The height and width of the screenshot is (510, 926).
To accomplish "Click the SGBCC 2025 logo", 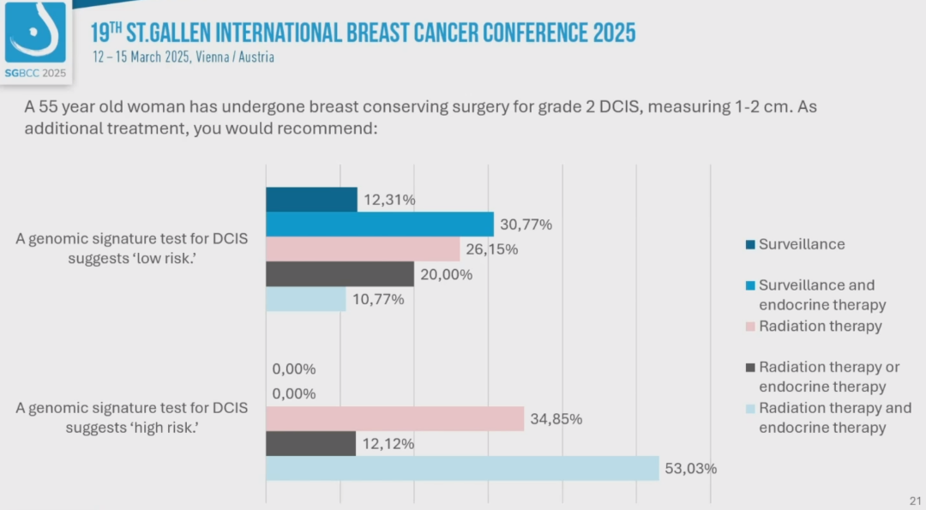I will click(x=35, y=40).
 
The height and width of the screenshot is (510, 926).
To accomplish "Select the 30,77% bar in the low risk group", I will click(x=380, y=225).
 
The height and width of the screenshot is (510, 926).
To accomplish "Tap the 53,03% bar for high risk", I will click(x=462, y=468).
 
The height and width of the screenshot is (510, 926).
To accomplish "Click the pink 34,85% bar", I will click(x=394, y=419).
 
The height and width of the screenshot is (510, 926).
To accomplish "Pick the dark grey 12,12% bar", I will click(x=310, y=444).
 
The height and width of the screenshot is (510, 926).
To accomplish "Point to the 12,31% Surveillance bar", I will click(x=311, y=200).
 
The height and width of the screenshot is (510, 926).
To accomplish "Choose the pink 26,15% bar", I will click(x=363, y=249).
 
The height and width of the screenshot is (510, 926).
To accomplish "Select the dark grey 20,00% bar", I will click(x=340, y=273).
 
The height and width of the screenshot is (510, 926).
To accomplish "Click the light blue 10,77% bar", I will click(x=305, y=299).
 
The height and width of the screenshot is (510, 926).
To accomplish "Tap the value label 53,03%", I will click(x=691, y=469).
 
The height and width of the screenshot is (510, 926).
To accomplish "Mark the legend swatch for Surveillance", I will click(x=751, y=244).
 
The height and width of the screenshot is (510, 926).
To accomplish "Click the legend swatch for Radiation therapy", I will click(x=751, y=327).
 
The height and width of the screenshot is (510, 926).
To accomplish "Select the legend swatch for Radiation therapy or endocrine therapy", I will click(x=751, y=368).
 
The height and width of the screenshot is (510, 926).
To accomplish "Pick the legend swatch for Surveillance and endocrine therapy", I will click(x=751, y=285).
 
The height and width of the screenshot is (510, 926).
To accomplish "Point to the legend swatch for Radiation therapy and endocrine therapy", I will click(x=751, y=409).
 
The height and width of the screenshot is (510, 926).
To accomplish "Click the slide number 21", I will click(x=914, y=501).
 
